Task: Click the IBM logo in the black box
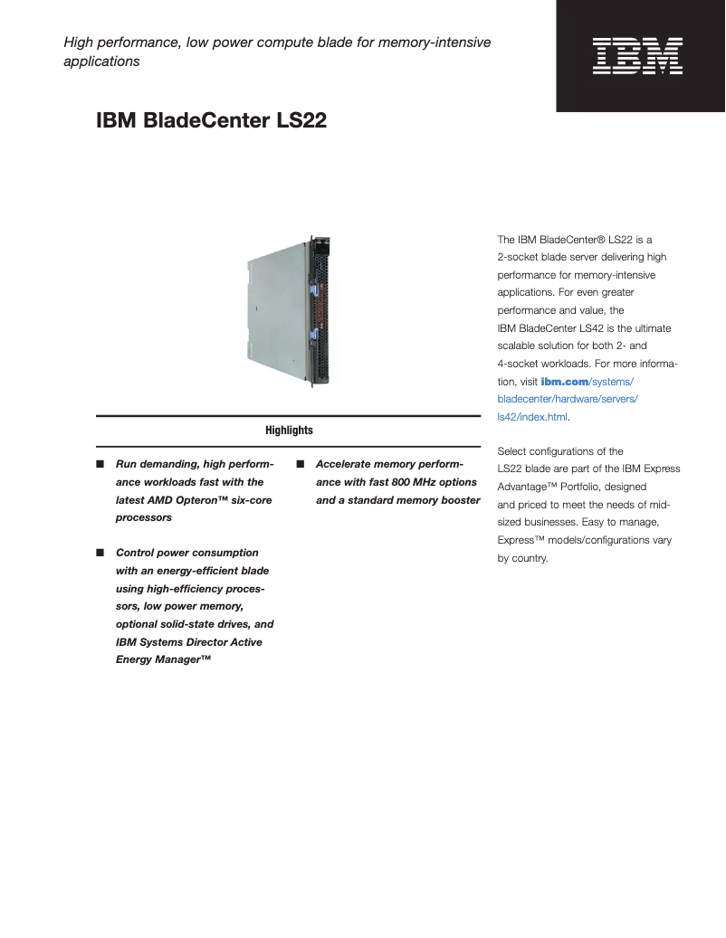pyautogui.click(x=637, y=55)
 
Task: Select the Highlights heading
pyautogui.click(x=289, y=431)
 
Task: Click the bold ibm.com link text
pyautogui.click(x=564, y=382)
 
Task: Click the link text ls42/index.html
pyautogui.click(x=532, y=417)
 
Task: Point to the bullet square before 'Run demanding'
pyautogui.click(x=100, y=465)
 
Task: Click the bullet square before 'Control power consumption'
pyautogui.click(x=100, y=554)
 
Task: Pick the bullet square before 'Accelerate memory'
pyautogui.click(x=300, y=465)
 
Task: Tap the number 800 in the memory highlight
pyautogui.click(x=406, y=482)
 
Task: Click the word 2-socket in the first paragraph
pyautogui.click(x=519, y=258)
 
